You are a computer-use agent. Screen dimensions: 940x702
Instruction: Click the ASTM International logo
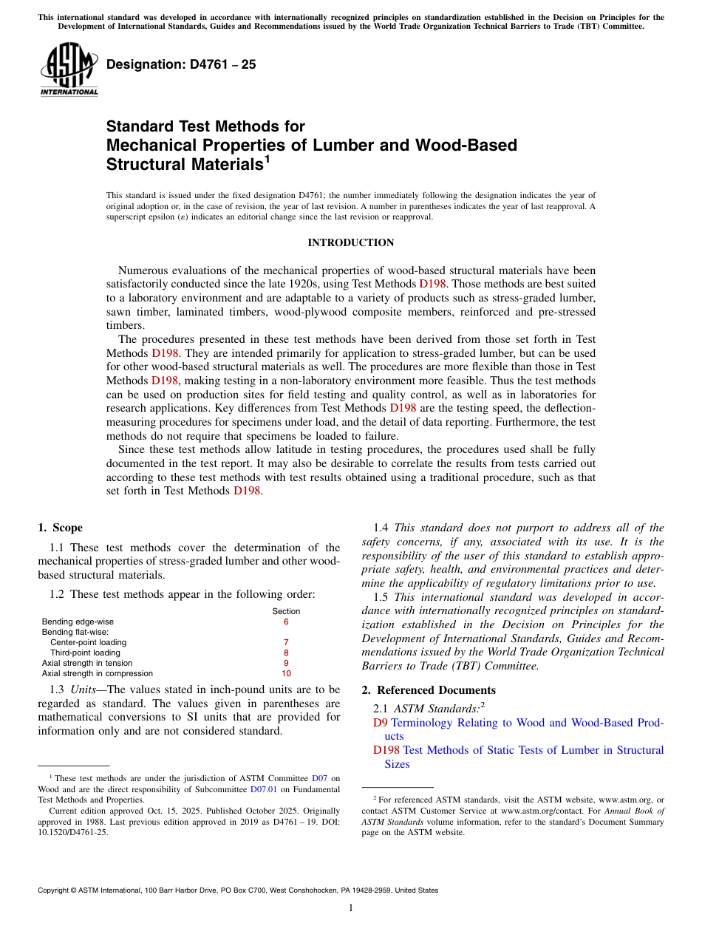coord(69,70)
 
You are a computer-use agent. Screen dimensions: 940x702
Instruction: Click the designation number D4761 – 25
coord(181,64)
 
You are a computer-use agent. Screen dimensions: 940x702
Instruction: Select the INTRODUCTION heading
coord(350,243)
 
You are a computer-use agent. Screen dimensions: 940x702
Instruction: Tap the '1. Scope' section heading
coord(60,528)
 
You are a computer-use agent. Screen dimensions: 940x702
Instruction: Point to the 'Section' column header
coord(286,611)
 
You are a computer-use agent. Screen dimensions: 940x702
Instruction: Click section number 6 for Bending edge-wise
coord(286,622)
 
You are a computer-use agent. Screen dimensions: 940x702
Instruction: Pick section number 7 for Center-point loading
coord(286,643)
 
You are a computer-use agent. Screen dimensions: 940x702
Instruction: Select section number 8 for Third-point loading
coord(286,653)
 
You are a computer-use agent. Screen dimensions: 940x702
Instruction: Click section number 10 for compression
coord(286,674)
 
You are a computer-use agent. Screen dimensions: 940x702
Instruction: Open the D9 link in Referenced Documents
coord(380,723)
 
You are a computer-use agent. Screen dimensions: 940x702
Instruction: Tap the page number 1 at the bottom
coord(351,908)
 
